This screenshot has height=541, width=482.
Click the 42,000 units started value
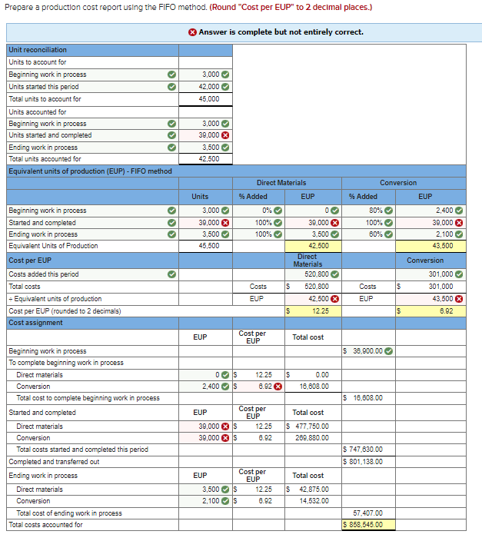(x=209, y=87)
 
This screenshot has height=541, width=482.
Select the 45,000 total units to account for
(x=209, y=99)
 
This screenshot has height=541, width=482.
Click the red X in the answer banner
(x=192, y=32)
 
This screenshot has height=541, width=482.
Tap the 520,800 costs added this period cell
(x=317, y=274)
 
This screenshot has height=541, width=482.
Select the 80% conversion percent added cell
(x=376, y=211)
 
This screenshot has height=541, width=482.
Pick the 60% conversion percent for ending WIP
(x=376, y=234)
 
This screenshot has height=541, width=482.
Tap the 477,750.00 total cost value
(x=311, y=426)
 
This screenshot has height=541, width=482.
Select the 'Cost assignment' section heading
(x=36, y=323)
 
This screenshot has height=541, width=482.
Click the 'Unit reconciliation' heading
(x=38, y=50)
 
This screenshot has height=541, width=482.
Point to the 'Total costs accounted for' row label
(x=45, y=525)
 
